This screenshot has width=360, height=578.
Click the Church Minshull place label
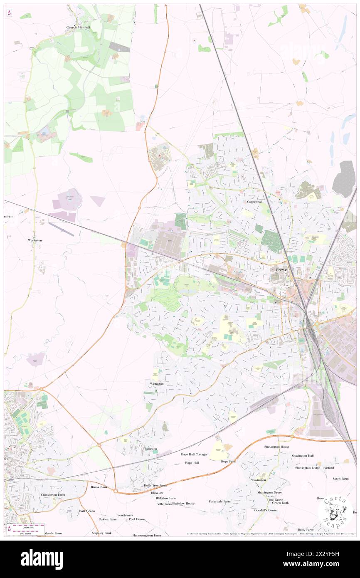78,27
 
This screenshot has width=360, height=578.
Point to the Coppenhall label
255,202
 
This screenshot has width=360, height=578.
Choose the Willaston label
150,449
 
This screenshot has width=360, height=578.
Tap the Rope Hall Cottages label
194,454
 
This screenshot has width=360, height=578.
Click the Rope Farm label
229,462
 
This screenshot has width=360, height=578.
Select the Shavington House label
276,447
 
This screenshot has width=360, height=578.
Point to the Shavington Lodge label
308,468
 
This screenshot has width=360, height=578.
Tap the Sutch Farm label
340,479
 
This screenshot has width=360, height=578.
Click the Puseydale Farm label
219,501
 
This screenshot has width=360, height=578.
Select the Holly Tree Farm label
155,485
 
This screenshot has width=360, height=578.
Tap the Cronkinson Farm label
53,495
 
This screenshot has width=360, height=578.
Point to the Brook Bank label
99,487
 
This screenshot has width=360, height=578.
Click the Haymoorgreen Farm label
146,535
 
